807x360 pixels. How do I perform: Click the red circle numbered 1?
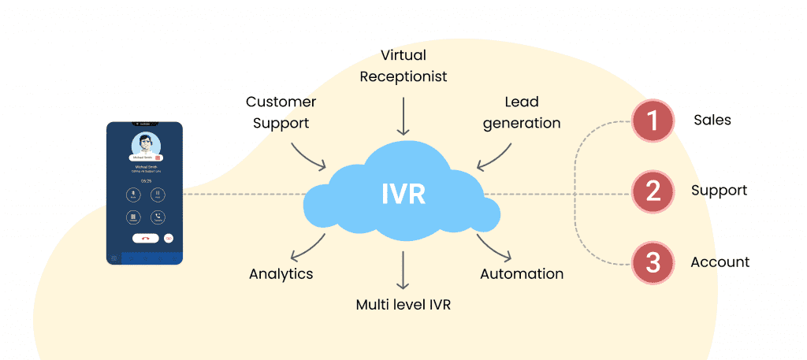653,121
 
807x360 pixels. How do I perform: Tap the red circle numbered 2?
653,191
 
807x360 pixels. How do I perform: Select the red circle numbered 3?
653,262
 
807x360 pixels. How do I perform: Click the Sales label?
712,121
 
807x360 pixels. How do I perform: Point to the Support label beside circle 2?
719,191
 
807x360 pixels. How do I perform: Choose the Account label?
720,262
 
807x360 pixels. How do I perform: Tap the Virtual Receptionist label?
403,66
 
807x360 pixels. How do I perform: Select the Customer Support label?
281,113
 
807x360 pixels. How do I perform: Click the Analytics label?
281,274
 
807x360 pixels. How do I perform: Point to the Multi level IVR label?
403,304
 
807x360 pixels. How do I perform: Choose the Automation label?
522,274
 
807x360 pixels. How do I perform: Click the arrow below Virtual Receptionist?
403,117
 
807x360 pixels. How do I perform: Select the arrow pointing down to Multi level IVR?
403,270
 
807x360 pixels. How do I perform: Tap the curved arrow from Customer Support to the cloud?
307,156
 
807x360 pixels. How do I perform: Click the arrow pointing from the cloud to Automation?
494,247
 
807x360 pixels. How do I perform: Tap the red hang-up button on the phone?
146,237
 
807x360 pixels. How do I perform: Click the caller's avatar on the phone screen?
145,144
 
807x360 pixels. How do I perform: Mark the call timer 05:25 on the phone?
146,180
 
